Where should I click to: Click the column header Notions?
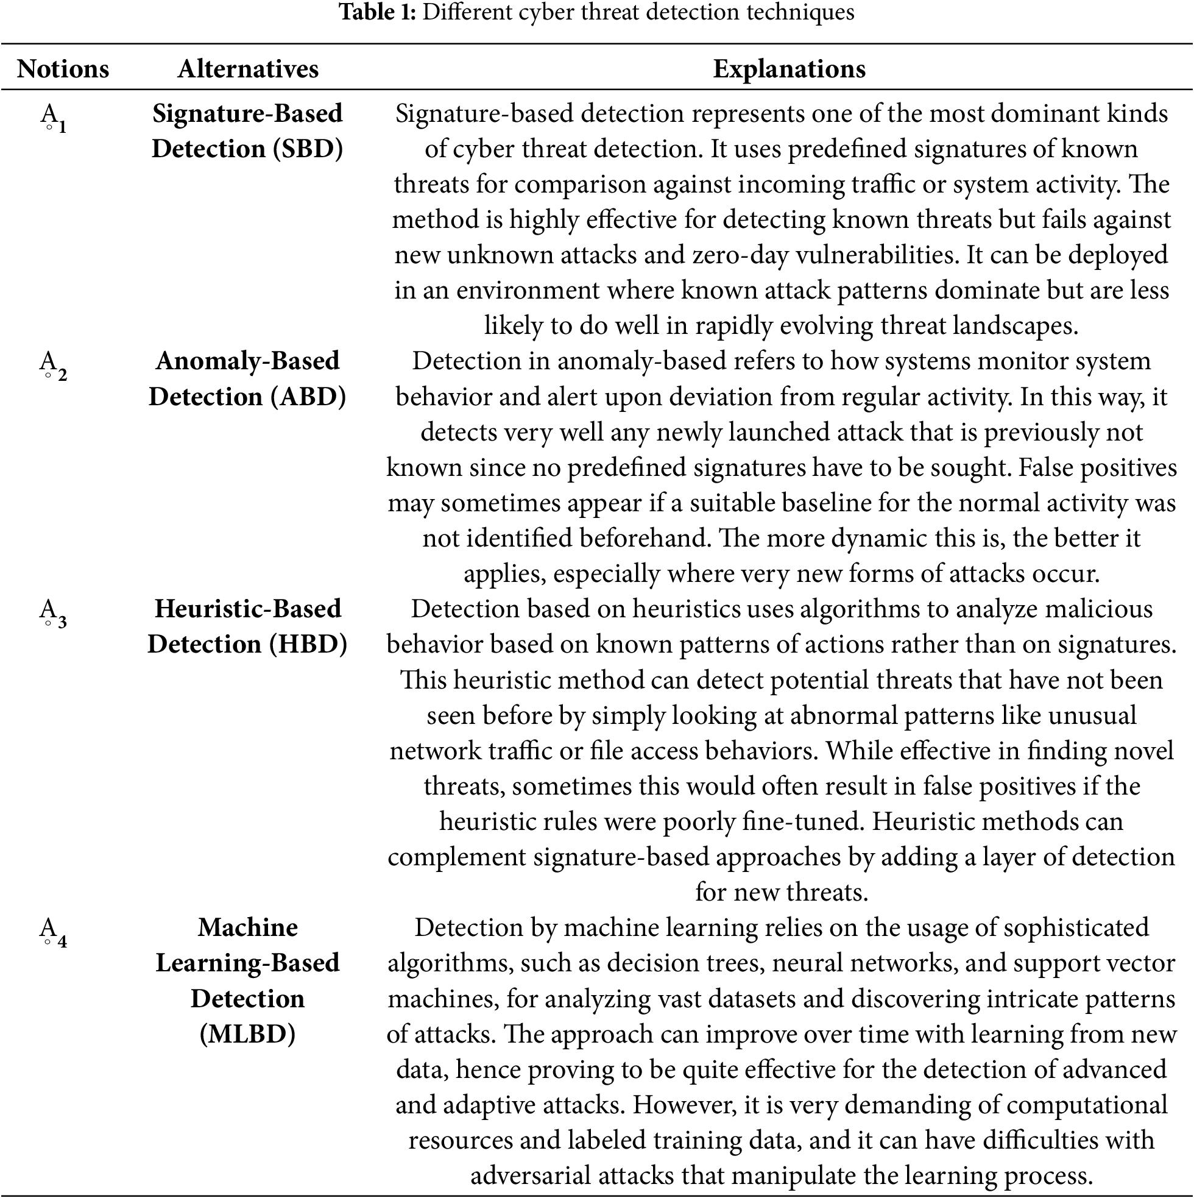pyautogui.click(x=63, y=69)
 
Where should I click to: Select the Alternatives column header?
pyautogui.click(x=248, y=69)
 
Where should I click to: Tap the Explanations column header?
pyautogui.click(x=788, y=69)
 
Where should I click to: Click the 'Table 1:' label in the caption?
pyautogui.click(x=378, y=12)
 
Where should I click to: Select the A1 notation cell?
pyautogui.click(x=54, y=117)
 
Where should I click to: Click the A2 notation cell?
pyautogui.click(x=54, y=364)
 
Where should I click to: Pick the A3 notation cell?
pyautogui.click(x=54, y=612)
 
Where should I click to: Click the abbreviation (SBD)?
pyautogui.click(x=308, y=149)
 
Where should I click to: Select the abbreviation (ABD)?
pyautogui.click(x=308, y=397)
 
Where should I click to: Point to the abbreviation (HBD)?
pyautogui.click(x=308, y=644)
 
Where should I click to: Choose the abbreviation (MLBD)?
pyautogui.click(x=247, y=1034)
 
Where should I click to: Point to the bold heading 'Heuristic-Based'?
pyautogui.click(x=248, y=609)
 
